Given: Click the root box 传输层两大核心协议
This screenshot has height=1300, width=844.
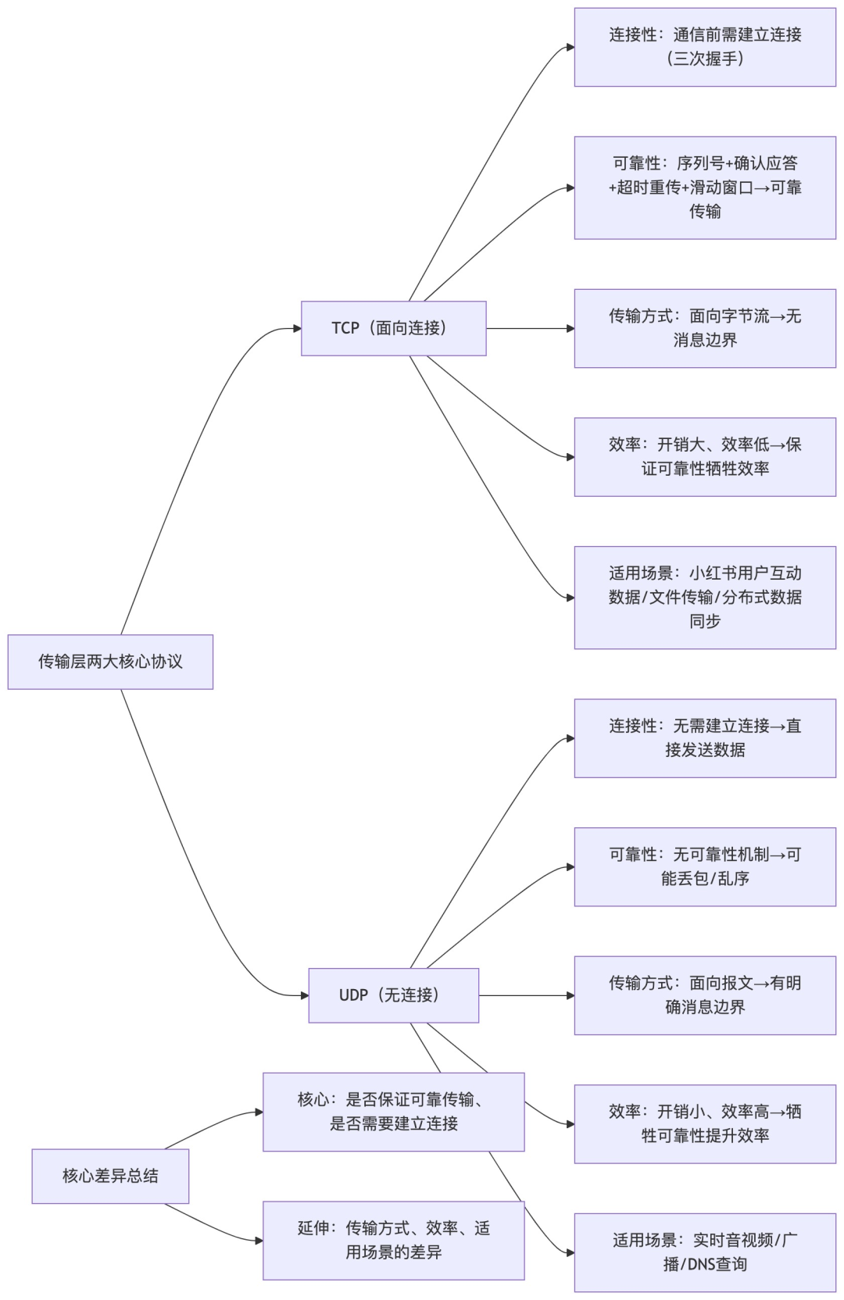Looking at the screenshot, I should [110, 662].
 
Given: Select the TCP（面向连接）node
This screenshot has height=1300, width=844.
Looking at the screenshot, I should [393, 328].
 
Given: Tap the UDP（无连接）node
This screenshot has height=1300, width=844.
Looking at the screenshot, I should [393, 995].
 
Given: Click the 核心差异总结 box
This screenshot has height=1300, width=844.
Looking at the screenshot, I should [110, 1176].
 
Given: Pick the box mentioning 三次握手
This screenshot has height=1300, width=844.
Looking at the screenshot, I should [705, 47].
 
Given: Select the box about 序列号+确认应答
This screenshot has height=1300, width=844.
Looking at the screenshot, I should [705, 187].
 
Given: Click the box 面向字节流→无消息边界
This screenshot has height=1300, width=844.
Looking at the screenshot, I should [705, 328].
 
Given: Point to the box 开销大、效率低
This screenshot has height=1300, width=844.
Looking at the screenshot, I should [705, 457].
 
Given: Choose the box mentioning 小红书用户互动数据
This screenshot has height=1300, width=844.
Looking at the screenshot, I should [705, 598].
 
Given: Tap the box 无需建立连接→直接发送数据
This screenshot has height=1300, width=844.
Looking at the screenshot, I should [705, 738].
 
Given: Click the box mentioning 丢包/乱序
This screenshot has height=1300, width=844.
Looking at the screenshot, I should [705, 867].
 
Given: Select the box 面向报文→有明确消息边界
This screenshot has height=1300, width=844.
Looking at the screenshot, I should [705, 995].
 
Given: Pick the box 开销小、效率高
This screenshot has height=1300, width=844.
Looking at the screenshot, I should [705, 1124].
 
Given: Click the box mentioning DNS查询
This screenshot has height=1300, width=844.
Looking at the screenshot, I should [705, 1252].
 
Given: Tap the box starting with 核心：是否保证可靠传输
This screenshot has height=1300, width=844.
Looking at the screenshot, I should [393, 1112].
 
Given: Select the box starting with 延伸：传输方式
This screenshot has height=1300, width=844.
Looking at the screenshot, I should [393, 1241].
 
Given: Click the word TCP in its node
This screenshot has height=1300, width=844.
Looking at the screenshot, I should [345, 328].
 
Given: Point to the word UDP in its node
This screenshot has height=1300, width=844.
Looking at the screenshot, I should [353, 995].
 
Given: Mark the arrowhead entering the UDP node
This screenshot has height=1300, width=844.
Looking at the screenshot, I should [304, 995].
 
